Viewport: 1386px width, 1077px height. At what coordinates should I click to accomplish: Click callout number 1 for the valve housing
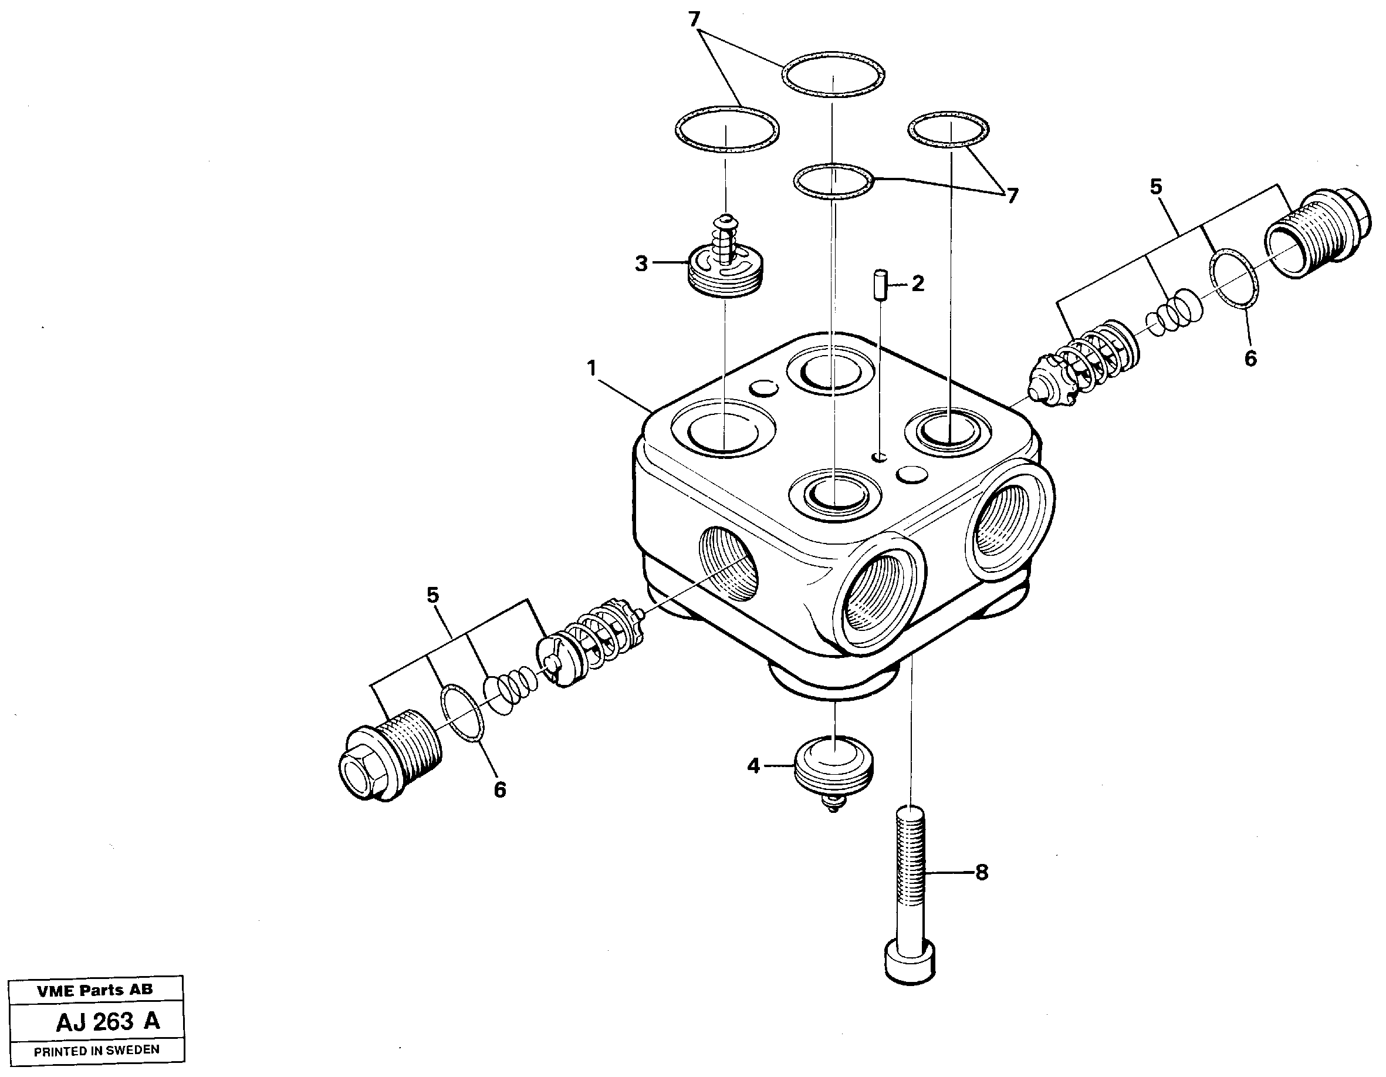(591, 368)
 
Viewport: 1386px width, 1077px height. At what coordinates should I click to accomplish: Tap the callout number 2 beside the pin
(918, 283)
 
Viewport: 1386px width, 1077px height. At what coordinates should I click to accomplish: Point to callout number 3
(641, 264)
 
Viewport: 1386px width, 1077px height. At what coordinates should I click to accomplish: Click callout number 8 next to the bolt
(981, 873)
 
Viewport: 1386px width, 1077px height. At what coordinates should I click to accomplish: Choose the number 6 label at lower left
(500, 790)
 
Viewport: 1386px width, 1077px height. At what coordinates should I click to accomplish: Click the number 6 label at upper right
(1250, 359)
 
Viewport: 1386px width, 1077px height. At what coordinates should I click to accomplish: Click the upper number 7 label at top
(694, 21)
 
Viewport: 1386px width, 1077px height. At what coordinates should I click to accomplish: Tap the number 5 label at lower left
(432, 595)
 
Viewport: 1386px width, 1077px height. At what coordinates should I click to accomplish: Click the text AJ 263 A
(108, 1022)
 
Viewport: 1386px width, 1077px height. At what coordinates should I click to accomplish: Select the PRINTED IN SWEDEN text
(96, 1051)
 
